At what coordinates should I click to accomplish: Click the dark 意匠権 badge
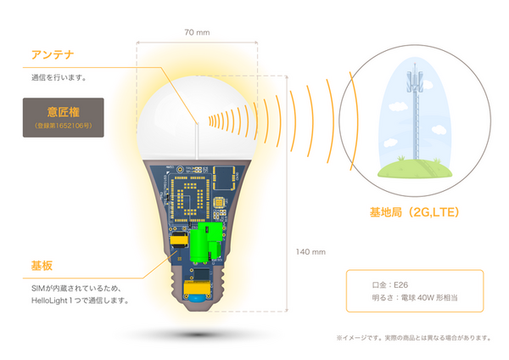(x=63, y=117)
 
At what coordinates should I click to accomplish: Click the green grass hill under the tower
(x=414, y=169)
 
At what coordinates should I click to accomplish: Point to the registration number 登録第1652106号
(x=63, y=127)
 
